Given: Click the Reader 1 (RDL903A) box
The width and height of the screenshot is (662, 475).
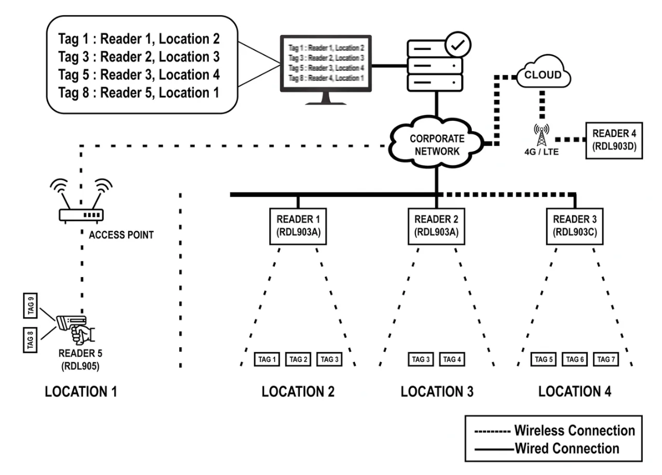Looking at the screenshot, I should [x=298, y=226].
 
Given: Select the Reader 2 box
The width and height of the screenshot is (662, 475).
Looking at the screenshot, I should [x=436, y=226].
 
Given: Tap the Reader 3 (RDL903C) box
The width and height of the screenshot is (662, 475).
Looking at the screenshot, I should [x=576, y=226].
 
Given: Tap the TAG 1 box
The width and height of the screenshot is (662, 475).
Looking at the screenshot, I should [x=267, y=359].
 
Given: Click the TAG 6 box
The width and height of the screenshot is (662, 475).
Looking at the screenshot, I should [x=575, y=359].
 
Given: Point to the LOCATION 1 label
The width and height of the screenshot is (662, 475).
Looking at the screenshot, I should [x=81, y=392].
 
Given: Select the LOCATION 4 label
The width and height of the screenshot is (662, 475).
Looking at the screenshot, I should [x=575, y=392].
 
